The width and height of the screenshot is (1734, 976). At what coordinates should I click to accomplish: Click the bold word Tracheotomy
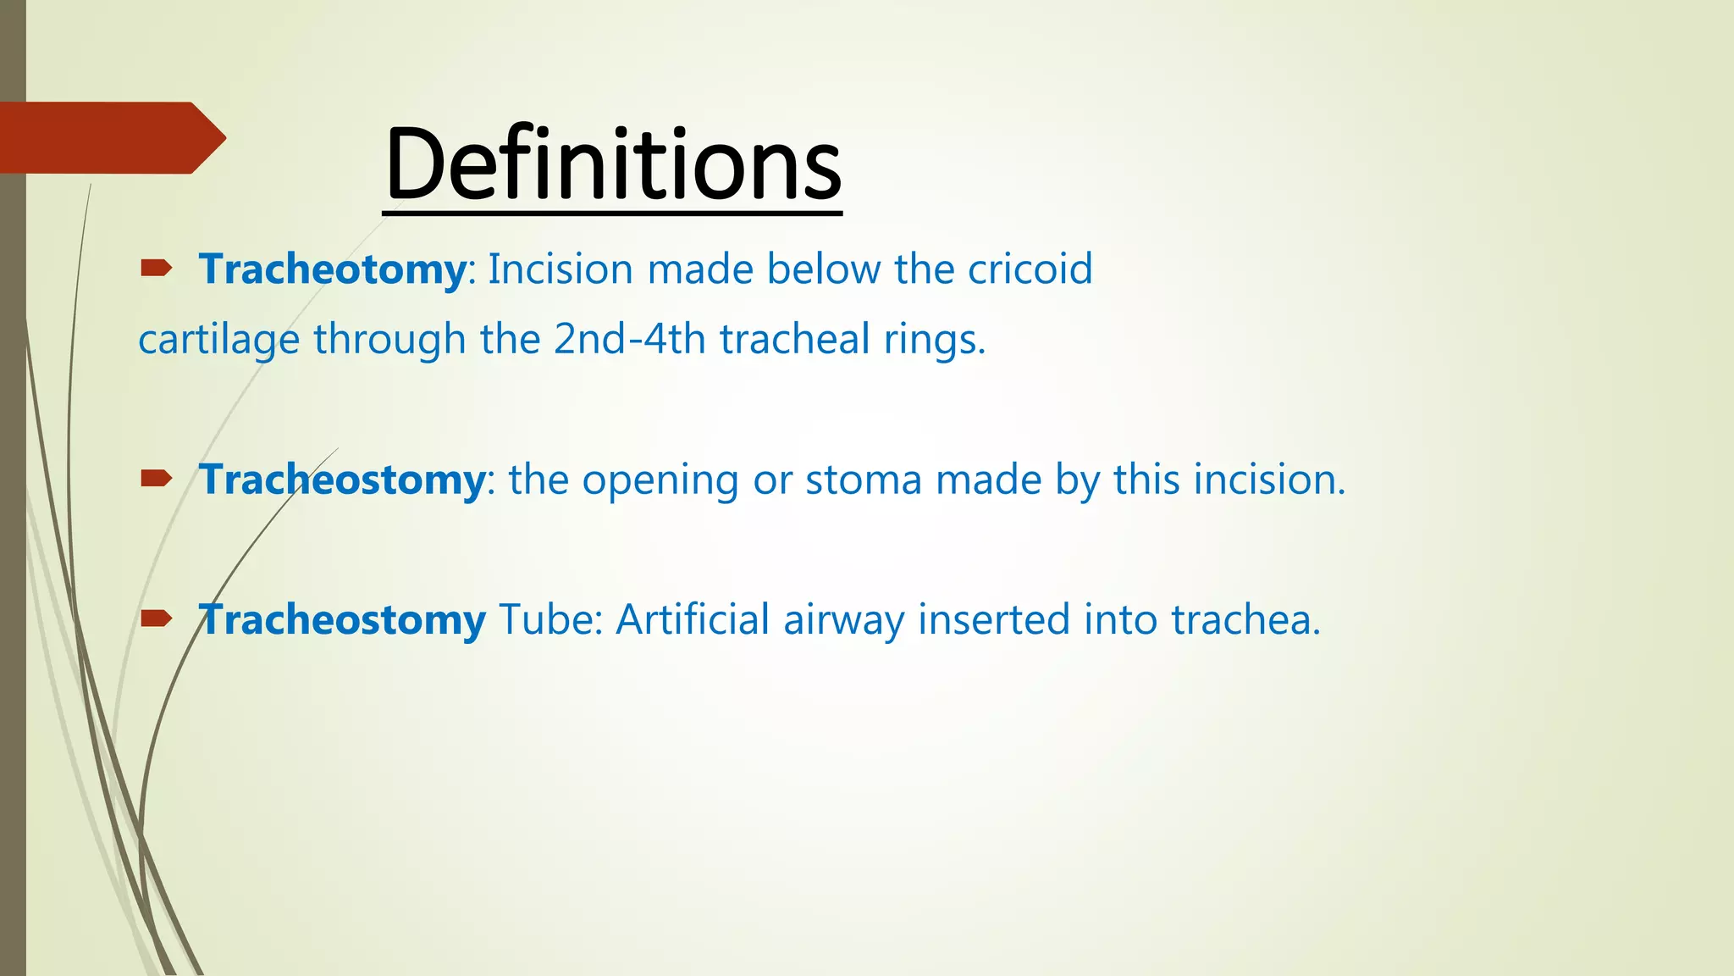click(332, 270)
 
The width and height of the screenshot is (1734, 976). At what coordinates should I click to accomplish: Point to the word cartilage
click(218, 341)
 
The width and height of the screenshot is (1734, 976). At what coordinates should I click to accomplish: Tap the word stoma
click(863, 480)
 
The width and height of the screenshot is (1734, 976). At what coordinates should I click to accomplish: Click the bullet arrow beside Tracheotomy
click(156, 269)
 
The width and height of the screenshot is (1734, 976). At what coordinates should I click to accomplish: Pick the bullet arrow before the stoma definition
click(156, 480)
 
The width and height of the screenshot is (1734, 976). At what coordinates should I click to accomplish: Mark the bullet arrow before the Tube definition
click(156, 619)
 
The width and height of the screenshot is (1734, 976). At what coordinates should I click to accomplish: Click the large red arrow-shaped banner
click(110, 137)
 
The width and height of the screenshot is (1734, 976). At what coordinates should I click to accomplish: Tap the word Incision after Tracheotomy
click(560, 269)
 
